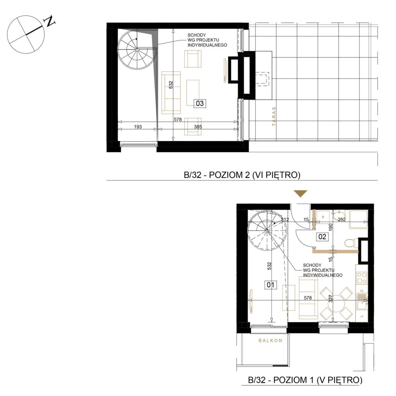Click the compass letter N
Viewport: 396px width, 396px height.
pyautogui.click(x=50, y=21)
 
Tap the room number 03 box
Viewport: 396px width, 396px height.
pyautogui.click(x=200, y=103)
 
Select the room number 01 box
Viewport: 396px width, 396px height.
pyautogui.click(x=270, y=285)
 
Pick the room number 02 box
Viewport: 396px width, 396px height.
pyautogui.click(x=323, y=237)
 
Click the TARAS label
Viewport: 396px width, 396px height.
pyautogui.click(x=274, y=116)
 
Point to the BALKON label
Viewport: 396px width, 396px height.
pyautogui.click(x=270, y=340)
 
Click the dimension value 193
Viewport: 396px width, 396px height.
pyautogui.click(x=138, y=127)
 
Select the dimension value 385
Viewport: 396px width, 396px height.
pyautogui.click(x=198, y=127)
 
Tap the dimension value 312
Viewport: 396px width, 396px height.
pyautogui.click(x=285, y=220)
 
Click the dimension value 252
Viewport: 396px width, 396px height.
pyautogui.click(x=341, y=220)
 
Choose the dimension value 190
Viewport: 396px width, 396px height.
pyautogui.click(x=331, y=227)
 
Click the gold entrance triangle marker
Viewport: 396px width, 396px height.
pyautogui.click(x=300, y=193)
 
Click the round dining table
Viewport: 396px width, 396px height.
pyautogui.click(x=336, y=304)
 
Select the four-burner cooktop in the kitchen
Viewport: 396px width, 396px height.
pyautogui.click(x=362, y=278)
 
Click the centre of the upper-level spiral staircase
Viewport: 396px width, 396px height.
pyautogui.click(x=137, y=50)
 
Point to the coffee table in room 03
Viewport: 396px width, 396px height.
pyautogui.click(x=193, y=93)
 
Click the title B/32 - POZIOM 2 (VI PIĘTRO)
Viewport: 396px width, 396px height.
pyautogui.click(x=242, y=175)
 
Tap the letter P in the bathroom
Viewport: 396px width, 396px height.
pyautogui.click(x=323, y=217)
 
